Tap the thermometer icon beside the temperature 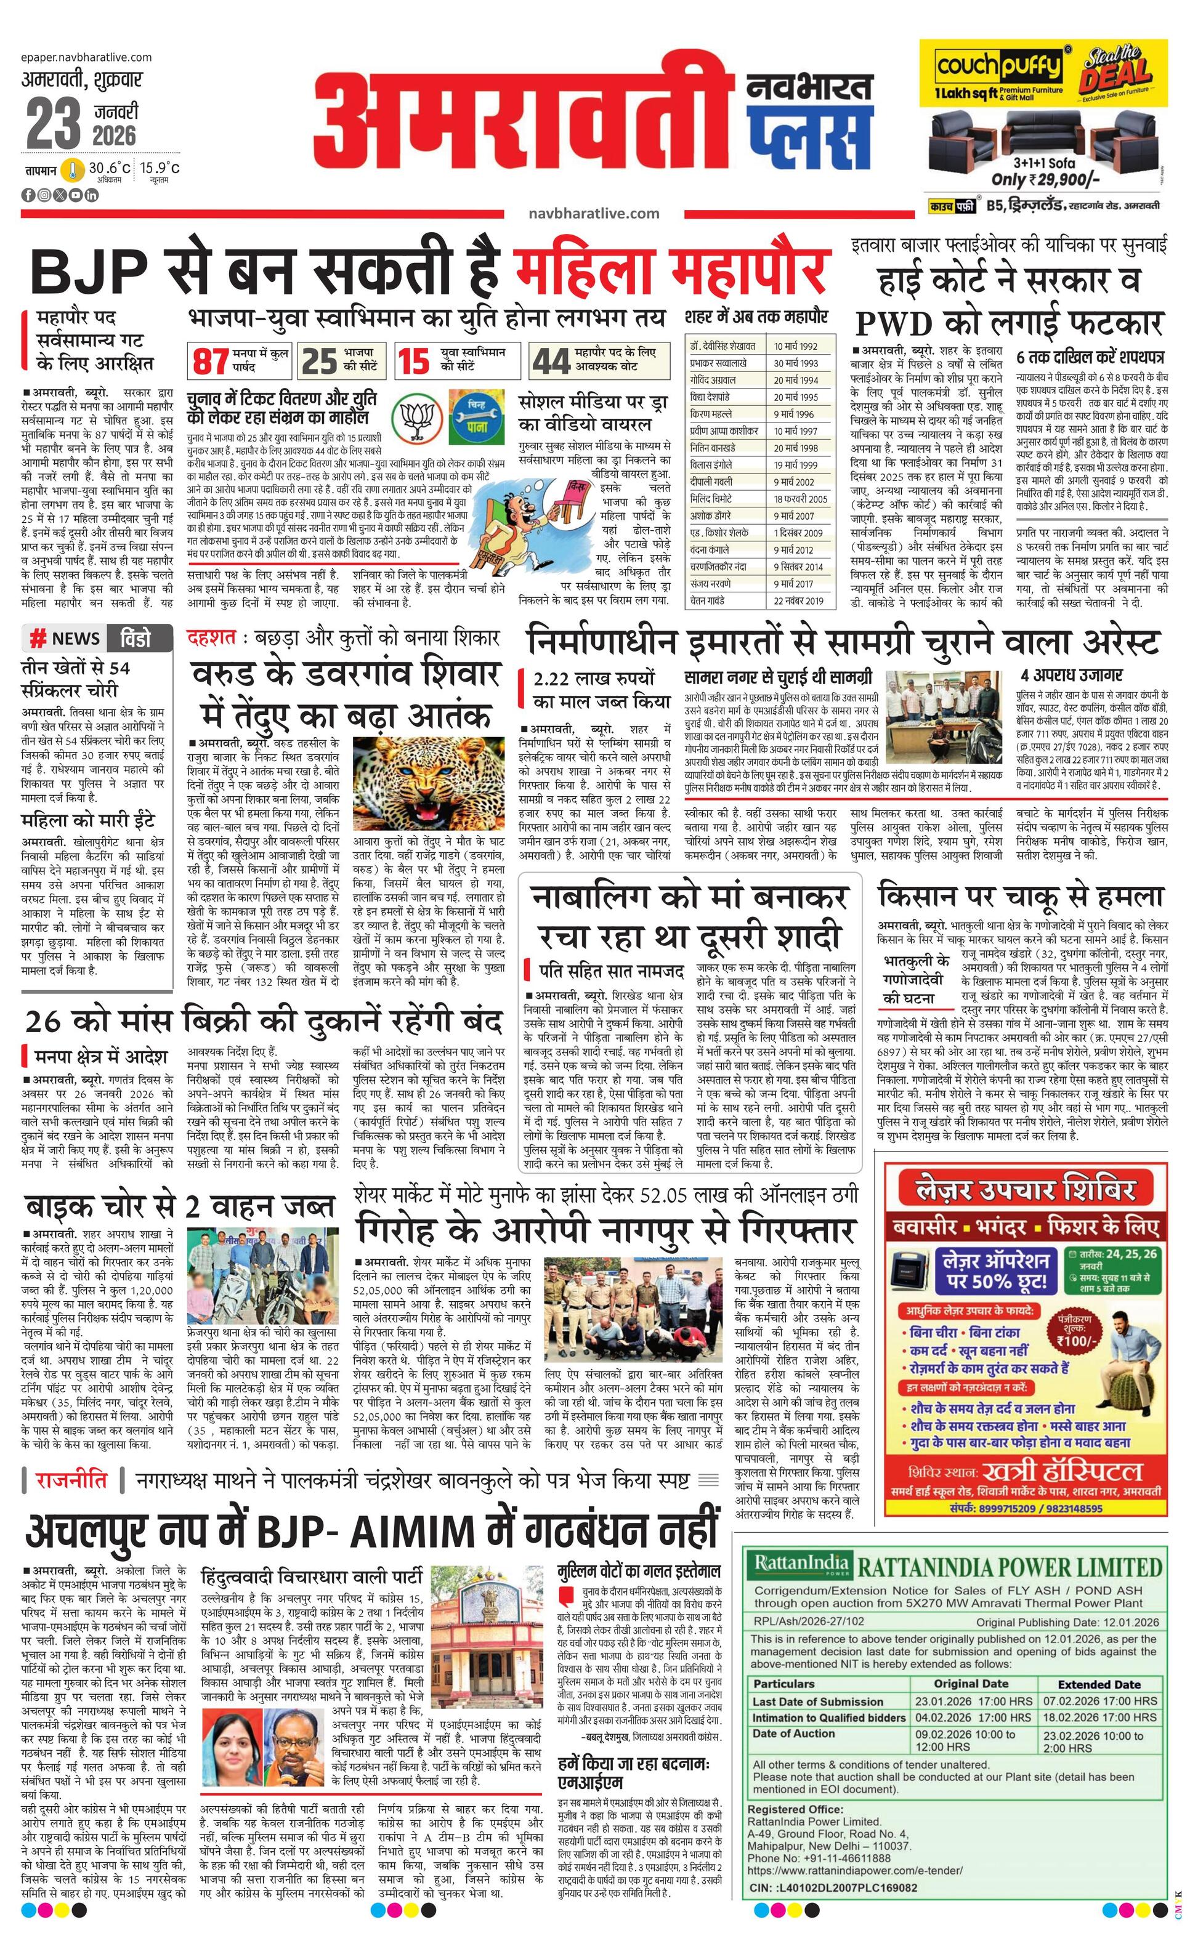(74, 169)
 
